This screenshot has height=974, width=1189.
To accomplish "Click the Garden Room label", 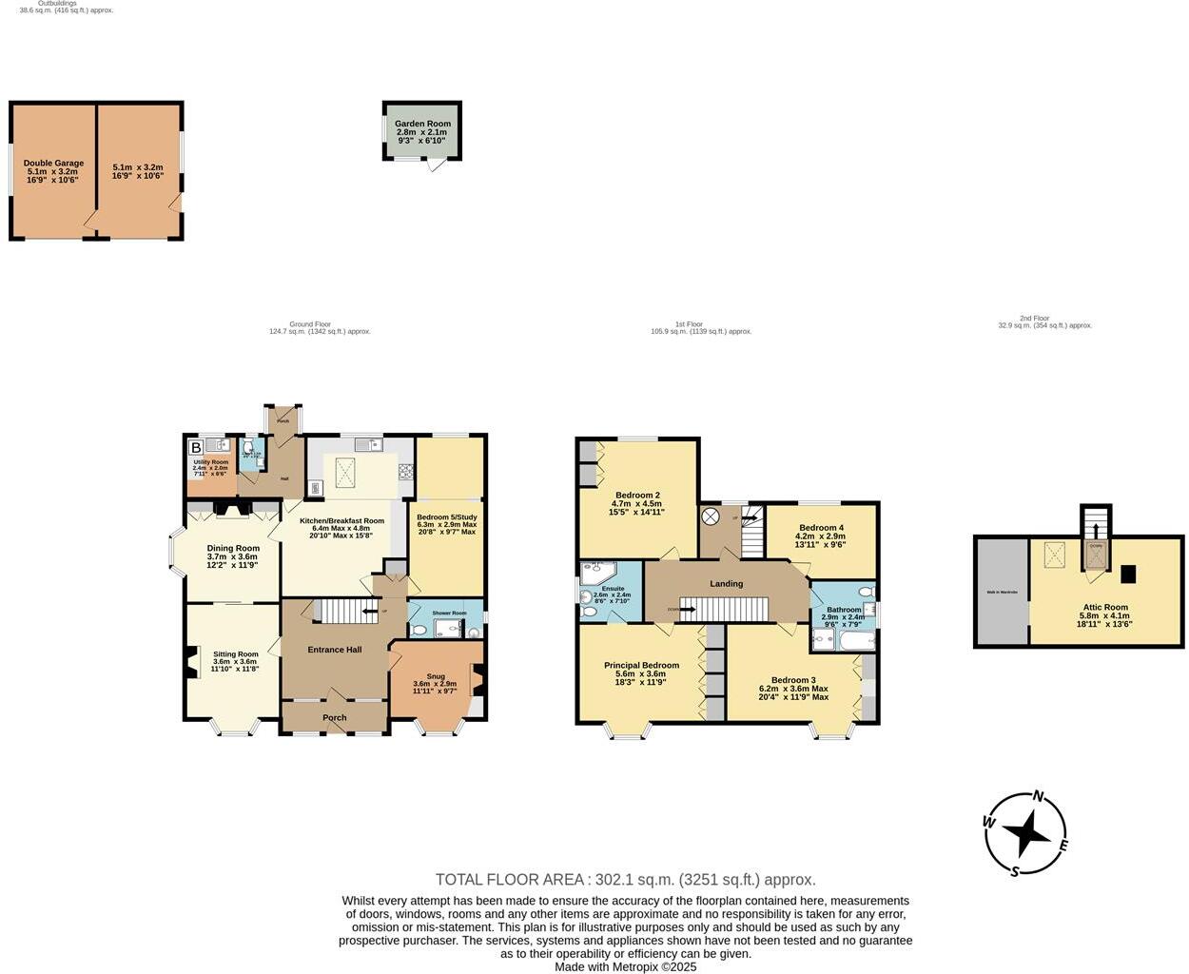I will coord(423,124).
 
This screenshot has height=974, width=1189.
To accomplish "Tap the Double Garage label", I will coord(53,164).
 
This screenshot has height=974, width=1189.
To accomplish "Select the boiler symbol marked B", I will coord(196,447).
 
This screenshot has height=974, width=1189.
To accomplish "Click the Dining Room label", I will coord(233,548).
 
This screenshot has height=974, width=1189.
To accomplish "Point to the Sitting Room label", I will coord(235,654).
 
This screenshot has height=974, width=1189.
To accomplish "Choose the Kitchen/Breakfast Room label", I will coord(342,521).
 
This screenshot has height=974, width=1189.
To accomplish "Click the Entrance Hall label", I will coord(334,650).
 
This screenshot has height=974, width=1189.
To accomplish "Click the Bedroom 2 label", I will coord(637,496).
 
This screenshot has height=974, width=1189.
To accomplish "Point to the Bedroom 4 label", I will coord(821,528).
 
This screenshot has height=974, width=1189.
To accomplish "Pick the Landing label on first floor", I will coord(727,584).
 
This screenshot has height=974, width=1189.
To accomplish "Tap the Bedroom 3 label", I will coord(793,680).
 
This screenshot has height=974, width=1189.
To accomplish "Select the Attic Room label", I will coord(1104,607).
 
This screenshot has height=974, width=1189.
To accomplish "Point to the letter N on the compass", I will coord(1039,797).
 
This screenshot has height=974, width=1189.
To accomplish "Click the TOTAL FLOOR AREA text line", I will coord(625,880).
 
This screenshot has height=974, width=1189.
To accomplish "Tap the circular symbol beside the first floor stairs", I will coord(711,516).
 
